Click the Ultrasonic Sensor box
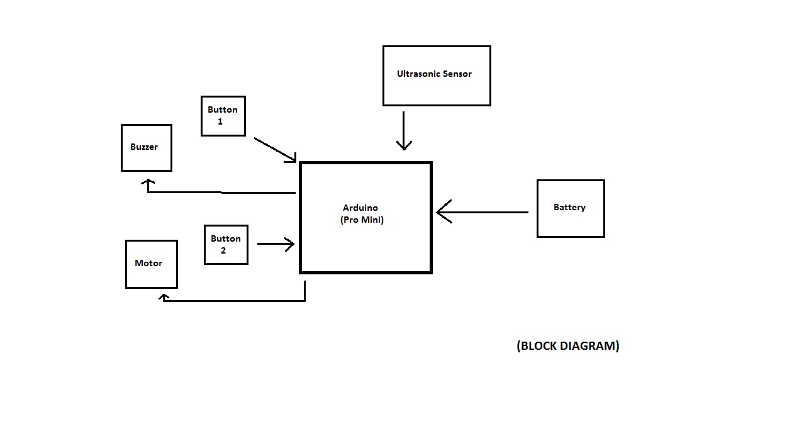coord(436,76)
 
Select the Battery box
coord(570,208)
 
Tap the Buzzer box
coord(146,147)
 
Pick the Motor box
coord(151,264)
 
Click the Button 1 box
coord(223,116)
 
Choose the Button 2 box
coord(226,245)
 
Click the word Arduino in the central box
coord(360,208)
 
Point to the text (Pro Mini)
coord(362,220)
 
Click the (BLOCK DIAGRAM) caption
coord(567,345)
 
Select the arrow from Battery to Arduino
coord(484,212)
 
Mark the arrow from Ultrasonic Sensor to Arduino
coord(404,130)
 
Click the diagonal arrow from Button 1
coord(274,149)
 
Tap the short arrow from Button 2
coord(276,244)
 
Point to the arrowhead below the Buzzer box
coord(148,183)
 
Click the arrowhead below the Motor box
coord(164,297)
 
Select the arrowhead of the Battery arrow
coord(443,212)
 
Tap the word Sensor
coord(457,74)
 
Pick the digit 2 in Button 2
coord(223,250)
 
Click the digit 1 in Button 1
coord(220,121)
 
